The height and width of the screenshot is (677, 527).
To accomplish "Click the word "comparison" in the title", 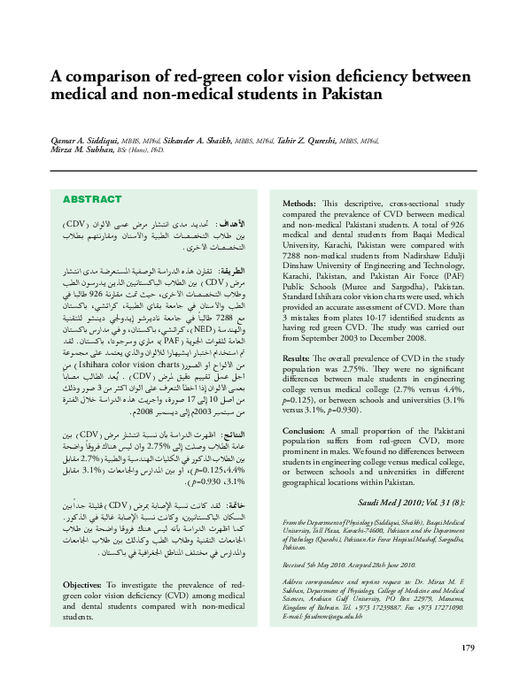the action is pyautogui.click(x=100, y=76).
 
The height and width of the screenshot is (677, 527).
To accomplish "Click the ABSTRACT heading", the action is pyautogui.click(x=92, y=199).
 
